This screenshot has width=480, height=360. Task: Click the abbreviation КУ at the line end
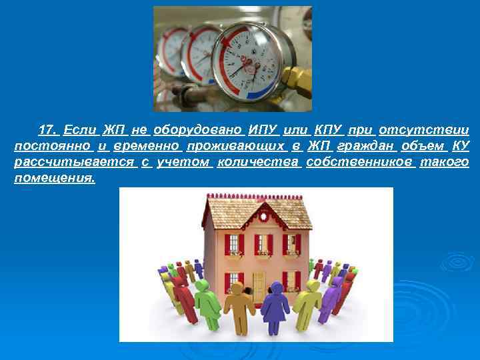point(461,146)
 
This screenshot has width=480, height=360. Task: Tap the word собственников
point(361,163)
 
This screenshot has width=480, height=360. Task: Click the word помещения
point(55,179)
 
